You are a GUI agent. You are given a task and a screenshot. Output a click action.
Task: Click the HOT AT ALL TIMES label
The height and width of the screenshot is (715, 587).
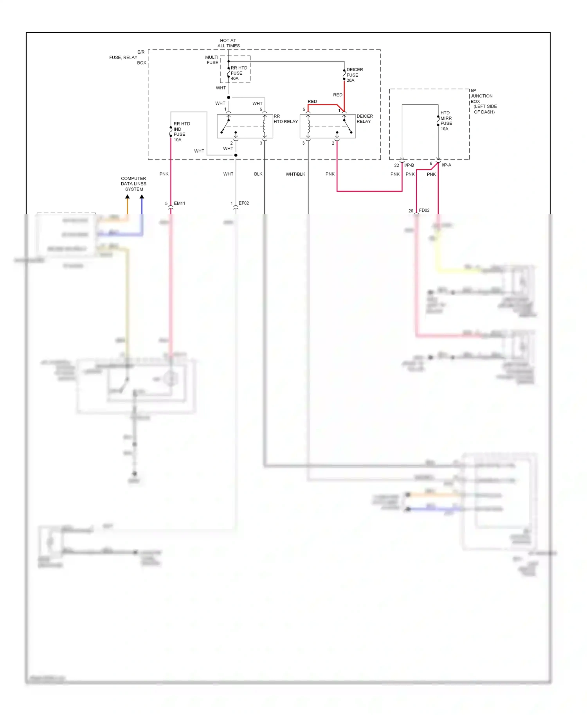pyautogui.click(x=229, y=43)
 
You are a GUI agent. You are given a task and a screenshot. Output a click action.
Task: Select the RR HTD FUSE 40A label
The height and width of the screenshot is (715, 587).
pyautogui.click(x=239, y=73)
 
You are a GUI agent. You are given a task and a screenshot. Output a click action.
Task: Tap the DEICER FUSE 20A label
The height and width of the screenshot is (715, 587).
pyautogui.click(x=354, y=75)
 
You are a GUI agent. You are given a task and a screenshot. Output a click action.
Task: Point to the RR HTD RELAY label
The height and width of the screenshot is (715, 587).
pyautogui.click(x=285, y=119)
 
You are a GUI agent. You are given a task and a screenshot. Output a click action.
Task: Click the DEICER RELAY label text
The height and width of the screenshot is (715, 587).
pyautogui.click(x=364, y=119)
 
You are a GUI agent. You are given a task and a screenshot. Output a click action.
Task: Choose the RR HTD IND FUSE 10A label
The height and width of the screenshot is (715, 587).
pyautogui.click(x=181, y=132)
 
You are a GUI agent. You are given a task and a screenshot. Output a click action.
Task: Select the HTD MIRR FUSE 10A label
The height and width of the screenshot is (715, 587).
pyautogui.click(x=446, y=121)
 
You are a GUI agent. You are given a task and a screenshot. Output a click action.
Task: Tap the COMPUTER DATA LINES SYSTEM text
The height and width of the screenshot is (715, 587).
pyautogui.click(x=133, y=184)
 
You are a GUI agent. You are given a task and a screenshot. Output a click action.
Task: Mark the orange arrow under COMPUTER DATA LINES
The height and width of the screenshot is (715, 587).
pyautogui.click(x=127, y=197)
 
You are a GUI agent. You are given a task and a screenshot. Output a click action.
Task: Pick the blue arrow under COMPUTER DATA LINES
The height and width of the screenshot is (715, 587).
pyautogui.click(x=142, y=197)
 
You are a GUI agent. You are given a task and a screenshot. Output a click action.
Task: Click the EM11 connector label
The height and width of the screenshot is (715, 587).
pyautogui.click(x=179, y=203)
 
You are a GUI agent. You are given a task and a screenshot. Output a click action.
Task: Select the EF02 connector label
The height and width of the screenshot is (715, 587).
pyautogui.click(x=243, y=203)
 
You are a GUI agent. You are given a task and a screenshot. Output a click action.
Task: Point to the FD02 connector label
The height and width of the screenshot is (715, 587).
pyautogui.click(x=424, y=210)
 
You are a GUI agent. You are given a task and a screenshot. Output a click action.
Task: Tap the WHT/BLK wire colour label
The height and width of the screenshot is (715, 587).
pyautogui.click(x=295, y=174)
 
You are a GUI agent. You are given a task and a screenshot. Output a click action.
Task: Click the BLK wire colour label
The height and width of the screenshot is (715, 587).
pyautogui.click(x=258, y=174)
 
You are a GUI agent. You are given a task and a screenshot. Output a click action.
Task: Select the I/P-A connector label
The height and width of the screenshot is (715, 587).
pyautogui.click(x=446, y=165)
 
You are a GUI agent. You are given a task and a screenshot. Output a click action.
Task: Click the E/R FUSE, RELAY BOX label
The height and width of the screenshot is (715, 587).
pyautogui.click(x=128, y=57)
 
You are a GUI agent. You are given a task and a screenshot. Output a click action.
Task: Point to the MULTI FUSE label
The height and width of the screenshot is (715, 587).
pyautogui.click(x=212, y=60)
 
